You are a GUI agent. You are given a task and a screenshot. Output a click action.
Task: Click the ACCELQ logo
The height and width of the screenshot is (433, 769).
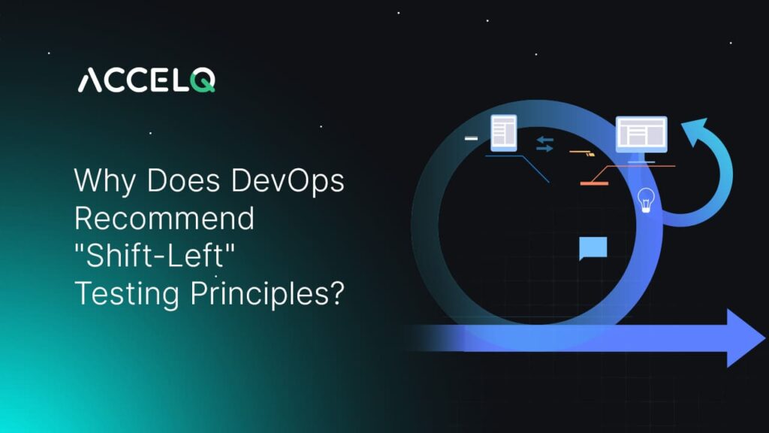click(146, 79)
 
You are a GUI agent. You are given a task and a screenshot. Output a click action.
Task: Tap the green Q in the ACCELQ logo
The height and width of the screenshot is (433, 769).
click(203, 79)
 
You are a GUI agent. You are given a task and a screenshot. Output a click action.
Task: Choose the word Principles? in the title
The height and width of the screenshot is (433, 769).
click(266, 293)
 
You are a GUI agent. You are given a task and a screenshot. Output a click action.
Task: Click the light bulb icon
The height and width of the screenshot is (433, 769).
click(645, 199)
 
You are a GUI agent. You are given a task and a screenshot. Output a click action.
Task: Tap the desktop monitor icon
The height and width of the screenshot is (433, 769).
click(641, 135)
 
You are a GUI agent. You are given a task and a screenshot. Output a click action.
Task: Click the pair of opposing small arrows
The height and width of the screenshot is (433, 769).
click(545, 144)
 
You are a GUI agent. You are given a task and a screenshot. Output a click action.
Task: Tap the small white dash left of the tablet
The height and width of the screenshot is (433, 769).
click(471, 138)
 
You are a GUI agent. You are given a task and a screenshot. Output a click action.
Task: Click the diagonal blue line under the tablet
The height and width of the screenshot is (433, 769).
click(536, 169)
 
